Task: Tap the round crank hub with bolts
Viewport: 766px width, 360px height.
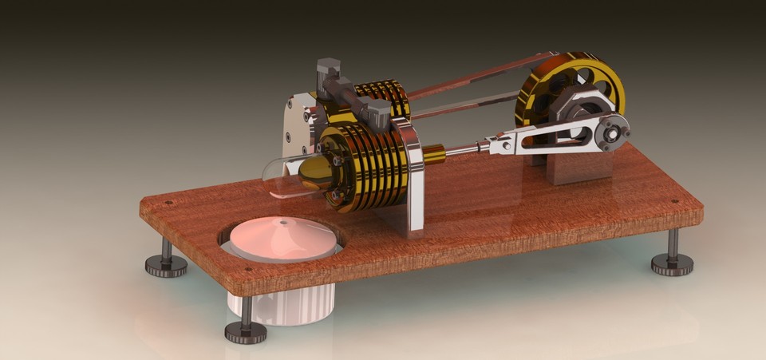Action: pyautogui.click(x=613, y=133)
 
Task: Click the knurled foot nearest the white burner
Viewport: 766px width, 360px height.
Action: pyautogui.click(x=246, y=327)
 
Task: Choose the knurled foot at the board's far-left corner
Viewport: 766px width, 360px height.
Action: pyautogui.click(x=165, y=263)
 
